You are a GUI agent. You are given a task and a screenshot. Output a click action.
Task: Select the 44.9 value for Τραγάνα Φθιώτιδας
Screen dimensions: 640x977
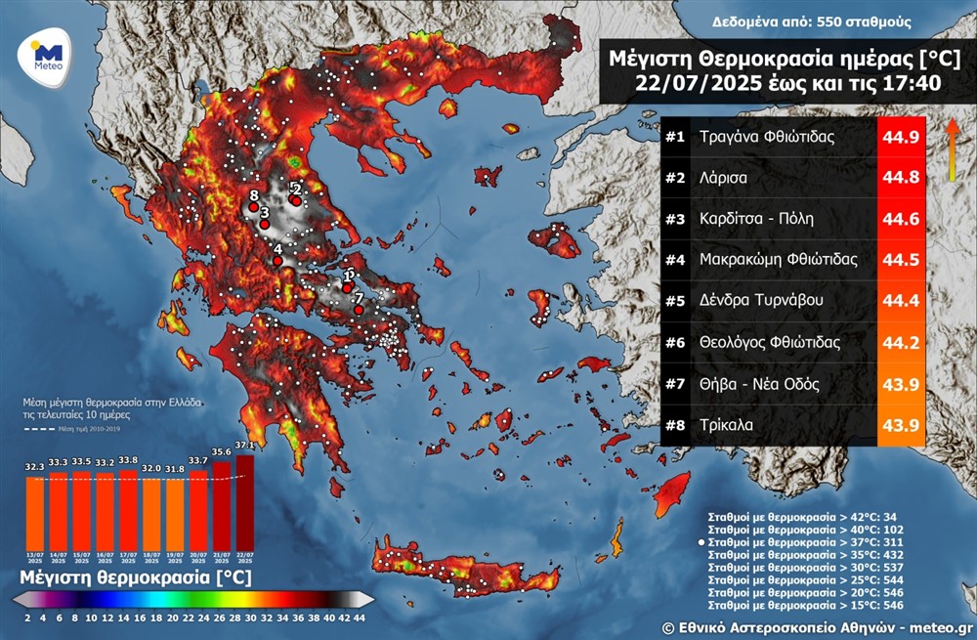[x=900, y=137]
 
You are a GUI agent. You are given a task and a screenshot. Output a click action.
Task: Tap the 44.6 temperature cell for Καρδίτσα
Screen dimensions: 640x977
[x=900, y=219]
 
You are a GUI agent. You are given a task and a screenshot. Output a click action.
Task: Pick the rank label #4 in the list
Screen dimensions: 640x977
[x=676, y=260]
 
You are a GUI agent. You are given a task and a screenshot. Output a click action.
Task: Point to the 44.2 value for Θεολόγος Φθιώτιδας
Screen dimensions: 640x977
[x=900, y=342]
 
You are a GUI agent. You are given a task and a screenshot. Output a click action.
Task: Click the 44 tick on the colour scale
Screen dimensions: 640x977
[x=360, y=618]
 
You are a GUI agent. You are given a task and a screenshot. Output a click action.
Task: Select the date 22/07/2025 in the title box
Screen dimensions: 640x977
[x=695, y=84]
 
